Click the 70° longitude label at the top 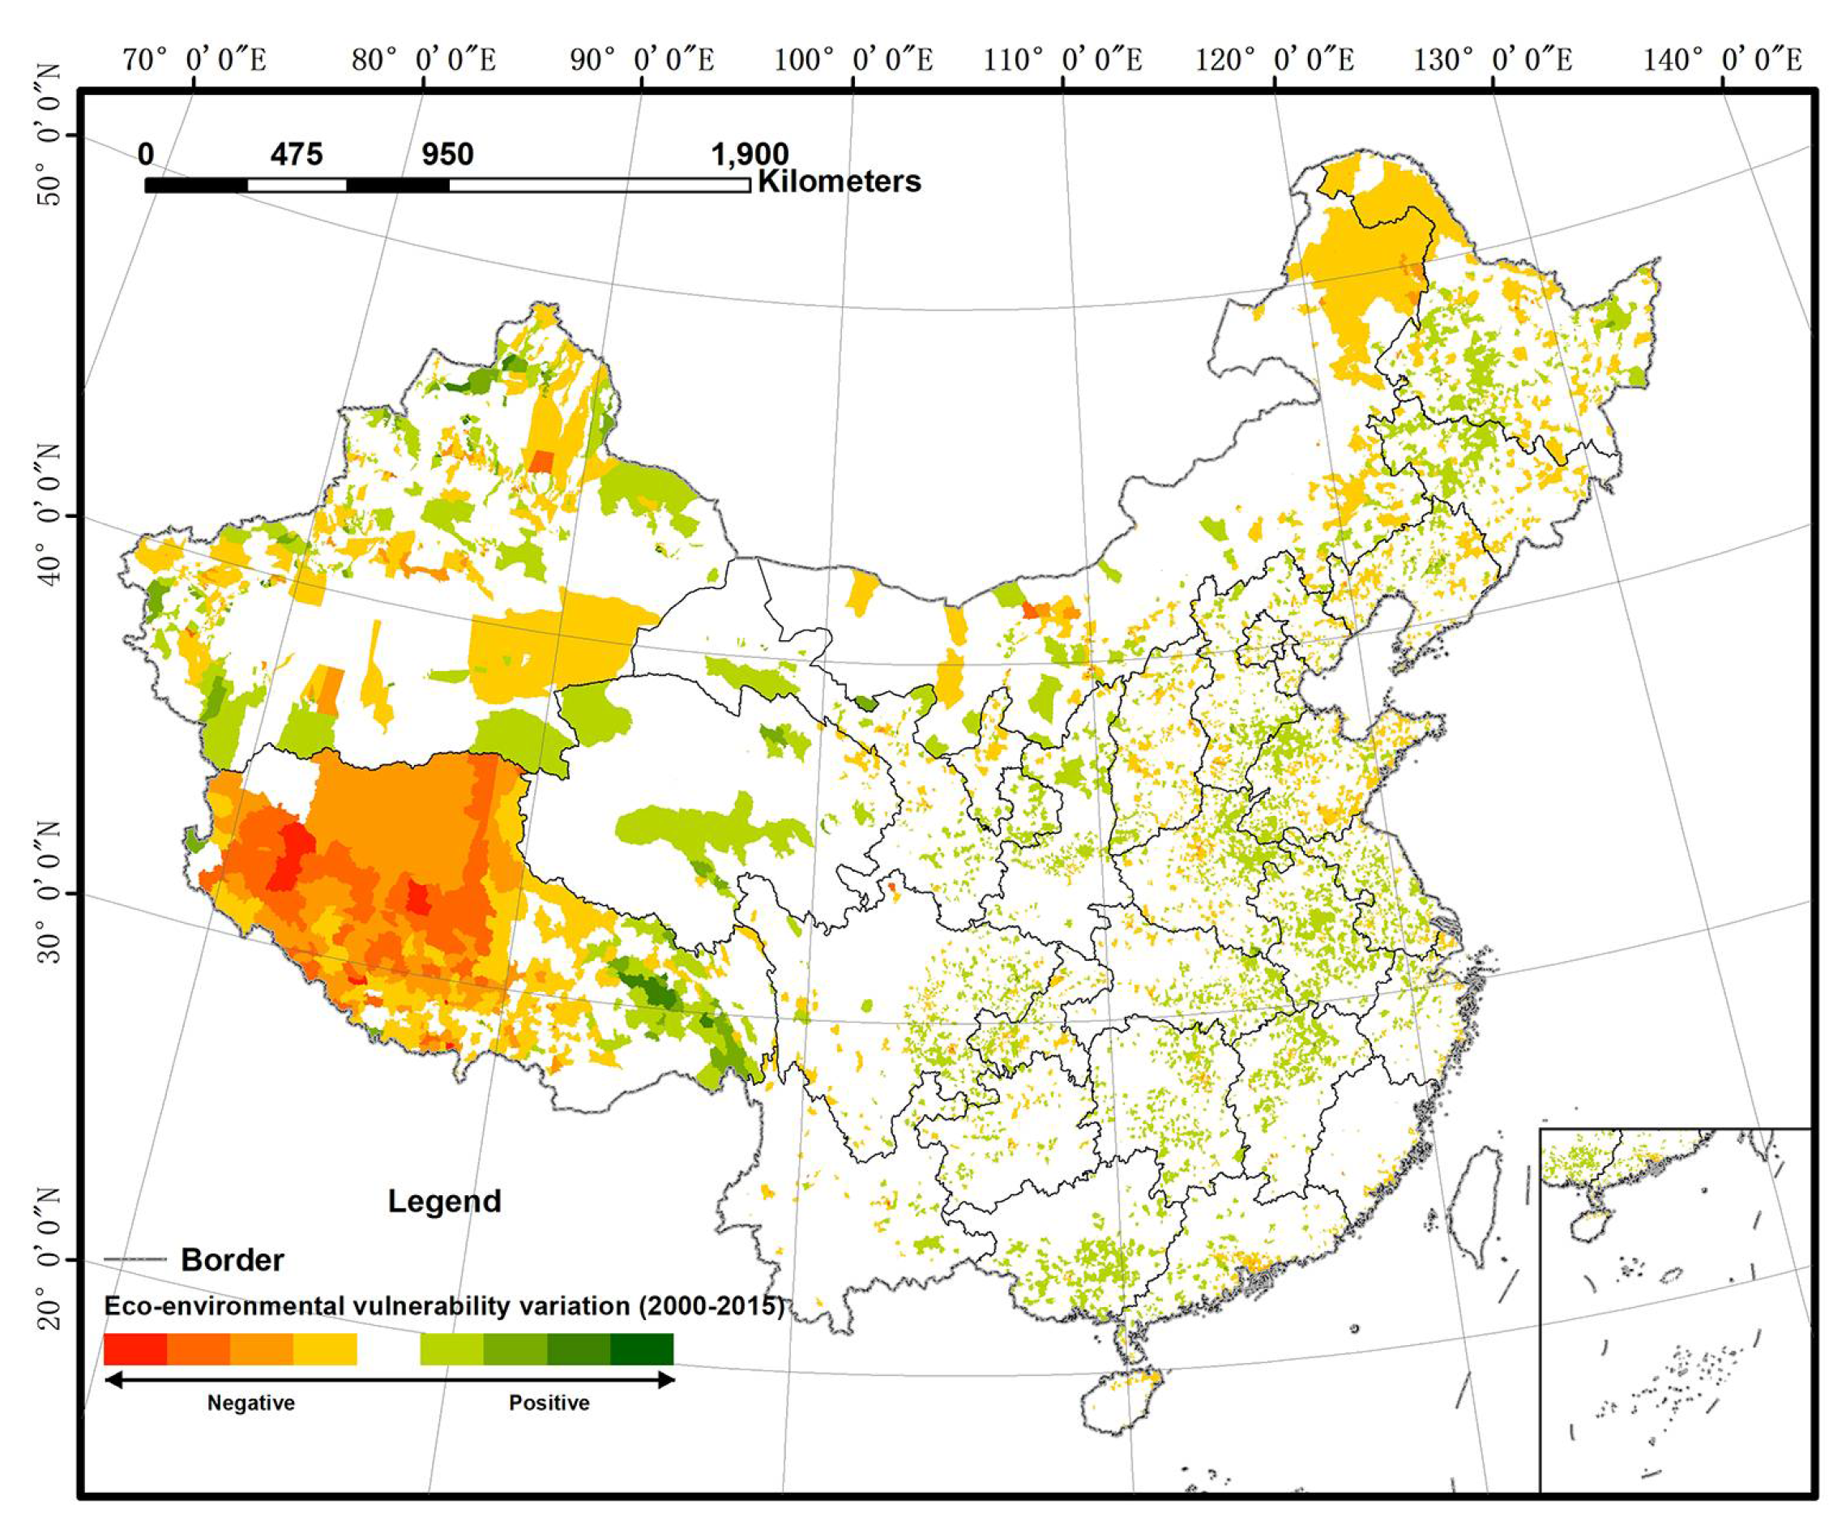[194, 60]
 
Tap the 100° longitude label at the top [852, 60]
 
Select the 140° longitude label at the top [1722, 60]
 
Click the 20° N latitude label [51, 1262]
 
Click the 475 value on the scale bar [297, 155]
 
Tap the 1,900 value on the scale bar [749, 155]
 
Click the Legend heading [444, 1201]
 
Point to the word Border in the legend [232, 1259]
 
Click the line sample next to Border [135, 1259]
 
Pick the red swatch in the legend [135, 1349]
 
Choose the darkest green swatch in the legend [642, 1349]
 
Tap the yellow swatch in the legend [325, 1349]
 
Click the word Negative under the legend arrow [250, 1403]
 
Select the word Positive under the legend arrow [549, 1403]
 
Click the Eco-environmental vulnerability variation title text [443, 1306]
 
